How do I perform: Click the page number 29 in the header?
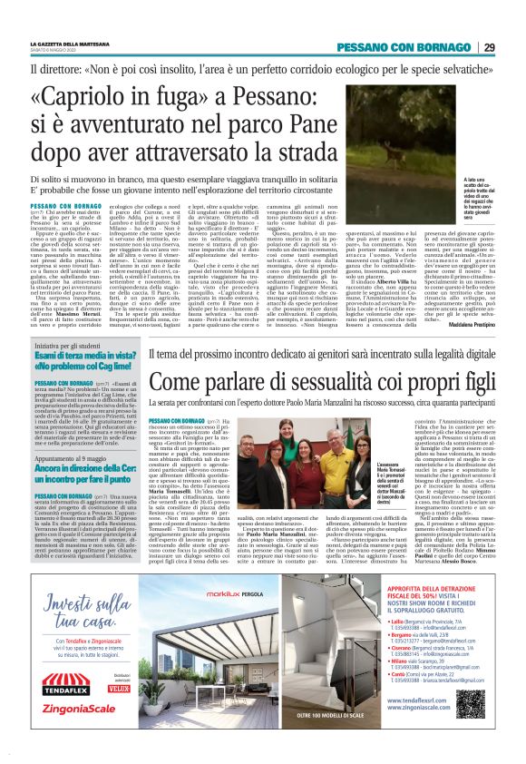click(489, 47)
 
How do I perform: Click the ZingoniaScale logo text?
click(82, 727)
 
